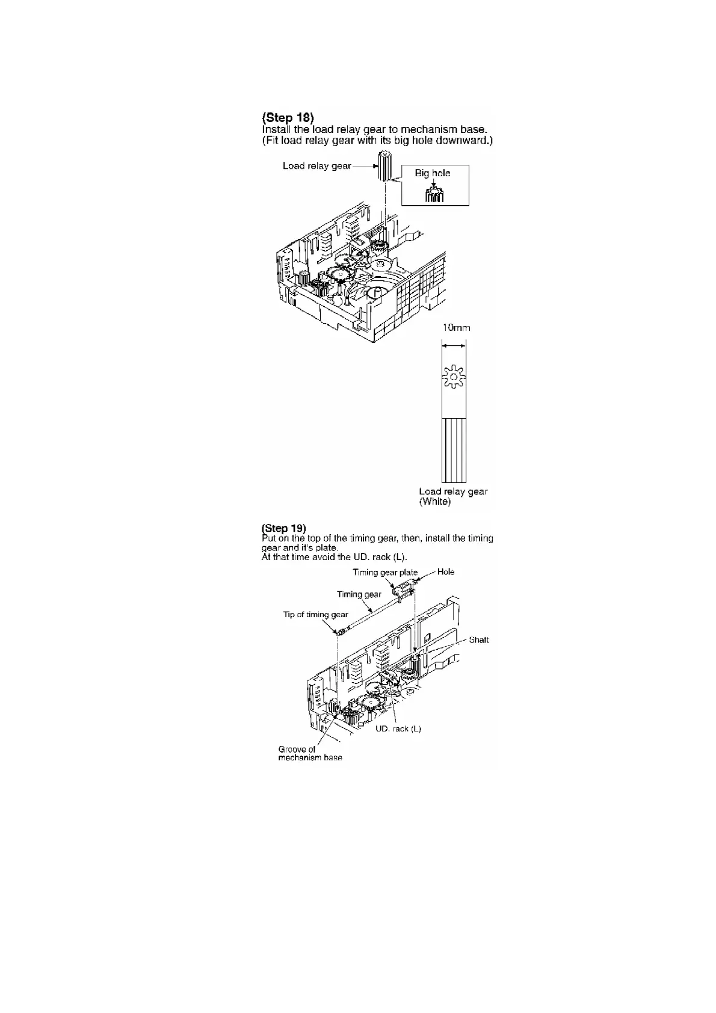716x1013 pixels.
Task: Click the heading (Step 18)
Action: point(288,117)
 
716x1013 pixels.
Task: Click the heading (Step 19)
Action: point(284,529)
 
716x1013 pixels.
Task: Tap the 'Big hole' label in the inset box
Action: point(432,173)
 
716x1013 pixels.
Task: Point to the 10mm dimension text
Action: point(456,328)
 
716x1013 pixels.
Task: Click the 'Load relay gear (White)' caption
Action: point(453,496)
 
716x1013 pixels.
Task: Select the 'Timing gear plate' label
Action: point(384,572)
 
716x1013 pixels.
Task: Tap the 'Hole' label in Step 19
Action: point(446,571)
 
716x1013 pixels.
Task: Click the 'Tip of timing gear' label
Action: point(315,615)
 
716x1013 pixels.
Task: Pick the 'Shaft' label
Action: point(478,640)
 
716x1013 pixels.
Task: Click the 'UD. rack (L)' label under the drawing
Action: point(398,728)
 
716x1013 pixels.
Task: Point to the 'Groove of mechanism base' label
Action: point(309,753)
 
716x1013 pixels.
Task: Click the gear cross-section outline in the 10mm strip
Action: point(453,377)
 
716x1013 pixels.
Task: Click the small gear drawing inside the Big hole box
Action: point(434,195)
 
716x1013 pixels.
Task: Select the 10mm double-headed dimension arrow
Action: point(453,345)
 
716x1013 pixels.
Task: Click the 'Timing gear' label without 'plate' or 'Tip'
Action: point(359,594)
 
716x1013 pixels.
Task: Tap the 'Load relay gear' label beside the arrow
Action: point(316,166)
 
